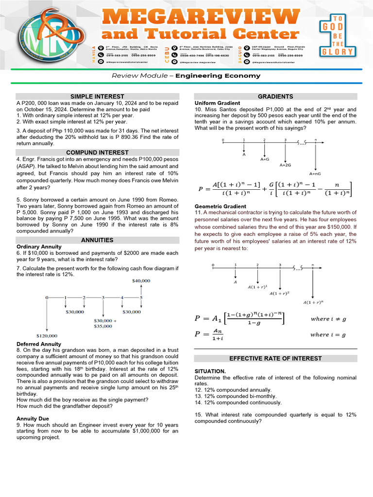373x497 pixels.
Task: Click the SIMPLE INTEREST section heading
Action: coord(97,96)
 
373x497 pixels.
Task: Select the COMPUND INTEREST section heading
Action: coord(97,152)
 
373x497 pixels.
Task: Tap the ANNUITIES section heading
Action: coord(97,240)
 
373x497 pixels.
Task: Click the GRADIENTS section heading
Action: coord(275,97)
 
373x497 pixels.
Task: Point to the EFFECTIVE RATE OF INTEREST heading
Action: coord(275,358)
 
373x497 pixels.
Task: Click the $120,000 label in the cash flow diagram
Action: coord(47,335)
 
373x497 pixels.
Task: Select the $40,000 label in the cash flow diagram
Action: coord(141,281)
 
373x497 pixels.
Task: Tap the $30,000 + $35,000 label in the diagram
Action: coord(103,323)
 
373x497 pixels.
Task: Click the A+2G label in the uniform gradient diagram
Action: coord(285,165)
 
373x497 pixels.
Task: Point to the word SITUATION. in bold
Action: coord(210,371)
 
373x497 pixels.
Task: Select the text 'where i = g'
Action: coord(328,334)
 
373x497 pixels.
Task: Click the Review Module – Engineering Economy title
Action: coord(186,76)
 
